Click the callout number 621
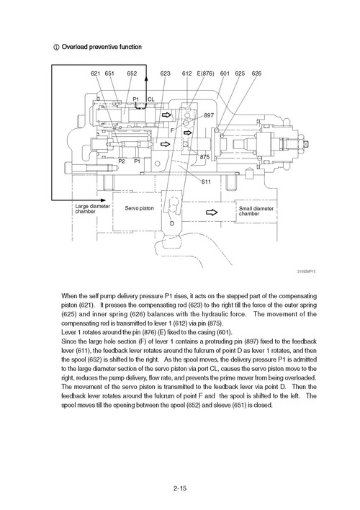pyautogui.click(x=95, y=73)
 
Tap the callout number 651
pyautogui.click(x=109, y=73)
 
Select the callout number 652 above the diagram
pyautogui.click(x=132, y=73)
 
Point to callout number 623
pyautogui.click(x=166, y=73)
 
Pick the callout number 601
pyautogui.click(x=225, y=73)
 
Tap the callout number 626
pyautogui.click(x=257, y=73)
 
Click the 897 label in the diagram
pyautogui.click(x=209, y=115)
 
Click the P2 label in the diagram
pyautogui.click(x=122, y=161)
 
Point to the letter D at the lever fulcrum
pyautogui.click(x=172, y=224)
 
